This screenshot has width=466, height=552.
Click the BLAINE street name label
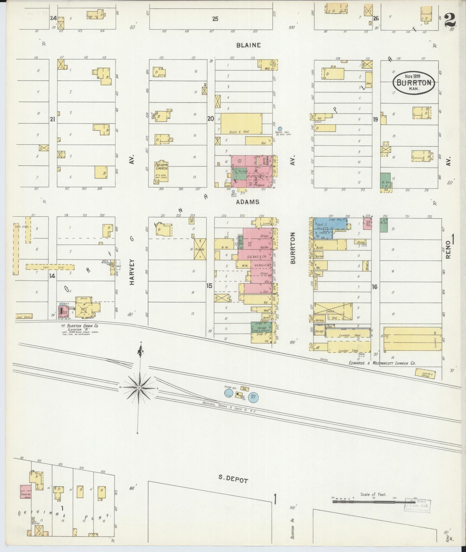click(248, 45)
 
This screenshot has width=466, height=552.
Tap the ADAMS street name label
click(248, 202)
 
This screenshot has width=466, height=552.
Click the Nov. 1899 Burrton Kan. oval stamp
click(414, 82)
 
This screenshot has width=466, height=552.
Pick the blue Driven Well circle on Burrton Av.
click(280, 128)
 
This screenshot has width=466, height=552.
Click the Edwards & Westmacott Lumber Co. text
click(382, 363)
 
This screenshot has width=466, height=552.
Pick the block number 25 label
click(215, 19)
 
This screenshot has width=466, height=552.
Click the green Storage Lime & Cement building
click(261, 328)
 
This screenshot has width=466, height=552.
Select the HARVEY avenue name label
click(132, 272)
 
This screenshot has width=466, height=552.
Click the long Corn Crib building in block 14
click(50, 267)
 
